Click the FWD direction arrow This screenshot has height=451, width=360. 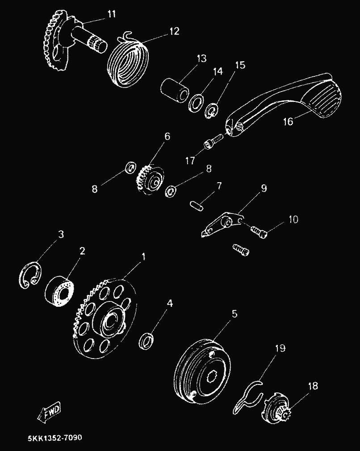click(49, 412)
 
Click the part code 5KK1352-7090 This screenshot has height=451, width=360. click(55, 438)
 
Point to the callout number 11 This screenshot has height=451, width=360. click(111, 14)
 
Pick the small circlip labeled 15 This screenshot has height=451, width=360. click(212, 111)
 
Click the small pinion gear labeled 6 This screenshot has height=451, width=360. click(150, 180)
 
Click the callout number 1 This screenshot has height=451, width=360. click(143, 257)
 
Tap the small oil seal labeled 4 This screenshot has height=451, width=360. click(146, 341)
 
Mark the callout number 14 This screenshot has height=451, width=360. click(218, 71)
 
